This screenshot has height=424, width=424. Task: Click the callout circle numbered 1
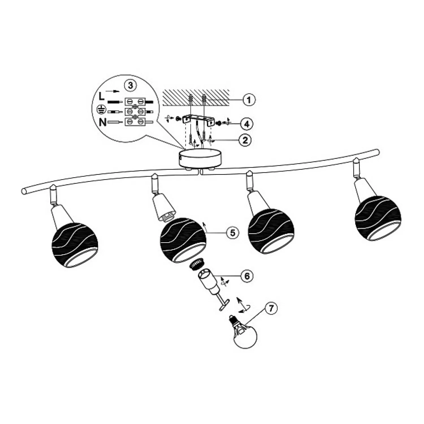pos(249,100)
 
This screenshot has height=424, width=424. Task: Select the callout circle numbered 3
pos(130,85)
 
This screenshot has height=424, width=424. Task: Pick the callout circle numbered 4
pos(247,124)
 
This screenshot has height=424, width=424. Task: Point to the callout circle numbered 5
pos(232,233)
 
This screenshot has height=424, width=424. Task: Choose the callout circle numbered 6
pos(247,276)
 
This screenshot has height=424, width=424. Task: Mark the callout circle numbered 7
pos(271,308)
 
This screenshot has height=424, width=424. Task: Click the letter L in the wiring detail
pos(101,97)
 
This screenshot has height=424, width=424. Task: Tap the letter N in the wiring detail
pos(103,122)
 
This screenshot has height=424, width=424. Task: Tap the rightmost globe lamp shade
pos(378,218)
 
